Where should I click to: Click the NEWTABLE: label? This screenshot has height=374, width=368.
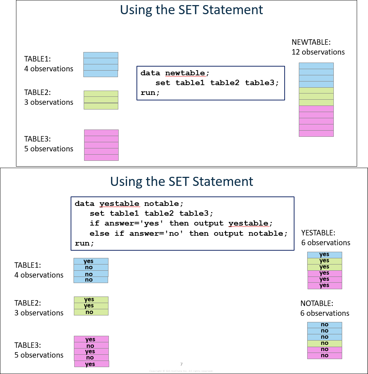[311, 42]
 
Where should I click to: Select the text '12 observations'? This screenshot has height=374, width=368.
[318, 52]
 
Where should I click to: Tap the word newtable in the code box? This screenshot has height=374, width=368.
[185, 73]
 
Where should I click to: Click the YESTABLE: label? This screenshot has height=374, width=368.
[318, 232]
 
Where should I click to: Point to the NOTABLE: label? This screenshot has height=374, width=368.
[316, 303]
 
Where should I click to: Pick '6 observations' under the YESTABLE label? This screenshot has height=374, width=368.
[325, 243]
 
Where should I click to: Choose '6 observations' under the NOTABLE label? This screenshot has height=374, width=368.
[325, 313]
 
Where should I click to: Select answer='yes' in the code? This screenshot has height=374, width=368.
[132, 223]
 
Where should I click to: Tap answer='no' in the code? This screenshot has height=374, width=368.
[157, 233]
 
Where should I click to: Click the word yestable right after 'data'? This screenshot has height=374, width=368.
[119, 203]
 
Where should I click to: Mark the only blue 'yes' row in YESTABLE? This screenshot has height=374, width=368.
[324, 255]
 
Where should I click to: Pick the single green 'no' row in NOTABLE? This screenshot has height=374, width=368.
[324, 343]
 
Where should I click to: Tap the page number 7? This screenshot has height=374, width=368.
[181, 364]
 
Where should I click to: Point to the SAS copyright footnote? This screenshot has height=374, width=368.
[181, 371]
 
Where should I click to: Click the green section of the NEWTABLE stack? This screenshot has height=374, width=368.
[316, 96]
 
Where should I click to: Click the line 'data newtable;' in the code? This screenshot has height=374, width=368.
[175, 73]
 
